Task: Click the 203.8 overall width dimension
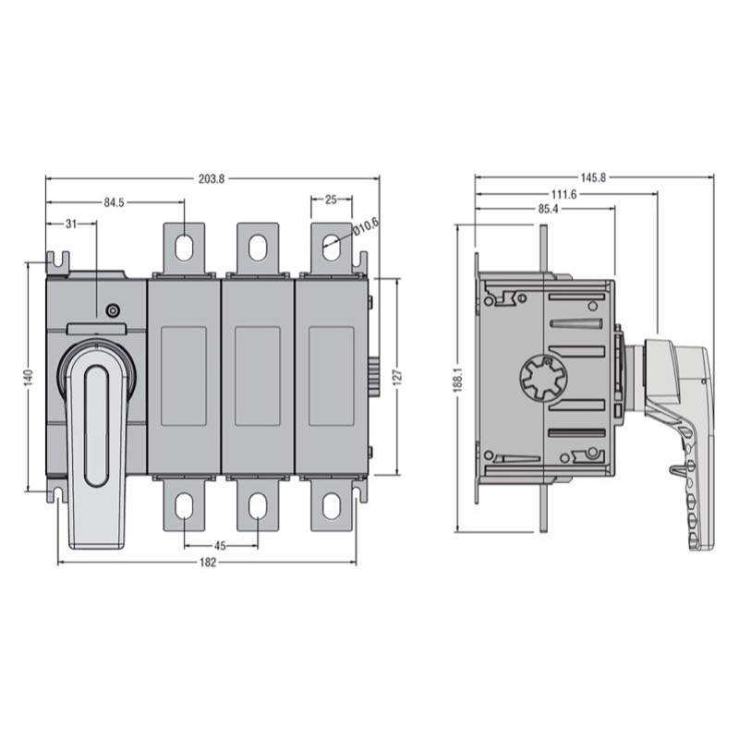212,178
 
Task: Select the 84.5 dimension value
115,202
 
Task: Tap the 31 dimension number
71,224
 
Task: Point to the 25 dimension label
331,200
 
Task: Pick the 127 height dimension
397,377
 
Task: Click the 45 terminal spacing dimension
221,545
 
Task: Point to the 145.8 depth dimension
593,178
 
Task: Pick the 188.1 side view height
459,379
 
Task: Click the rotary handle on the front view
96,434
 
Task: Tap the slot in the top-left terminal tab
184,247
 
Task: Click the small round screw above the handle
113,310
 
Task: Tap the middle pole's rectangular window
258,376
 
